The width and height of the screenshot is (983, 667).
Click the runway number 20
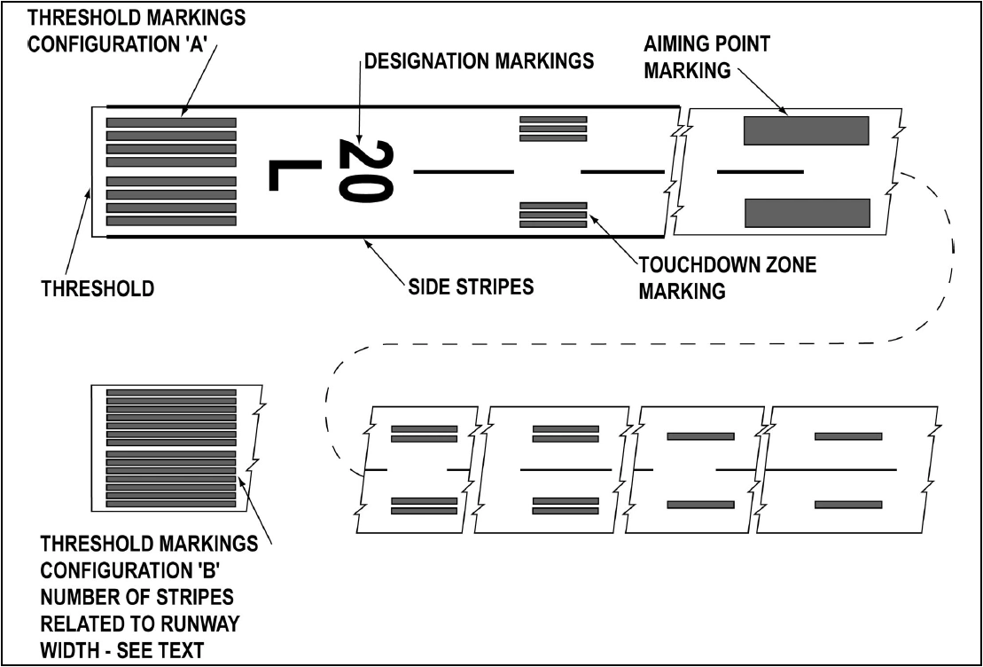pos(365,170)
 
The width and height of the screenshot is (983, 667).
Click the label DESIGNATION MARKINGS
pos(480,62)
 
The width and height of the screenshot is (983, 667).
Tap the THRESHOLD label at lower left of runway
pos(98,288)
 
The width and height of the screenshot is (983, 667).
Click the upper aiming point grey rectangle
pos(805,130)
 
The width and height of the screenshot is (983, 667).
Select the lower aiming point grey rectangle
pos(807,213)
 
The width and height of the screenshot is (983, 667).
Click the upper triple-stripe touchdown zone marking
pos(553,129)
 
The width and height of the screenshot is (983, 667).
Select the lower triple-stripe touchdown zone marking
pos(553,215)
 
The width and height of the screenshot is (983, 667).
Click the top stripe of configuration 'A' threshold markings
pos(171,122)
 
